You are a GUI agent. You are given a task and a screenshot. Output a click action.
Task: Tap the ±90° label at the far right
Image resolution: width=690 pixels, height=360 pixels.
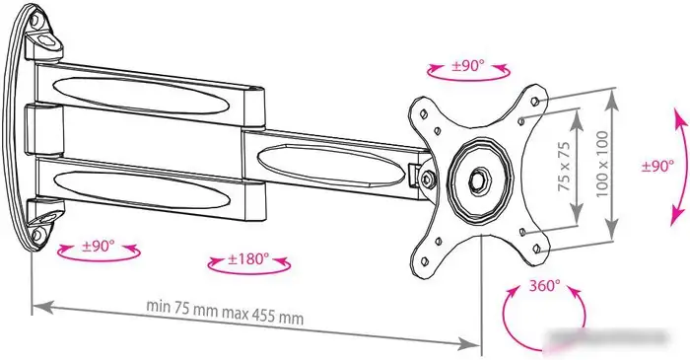[x=657, y=167]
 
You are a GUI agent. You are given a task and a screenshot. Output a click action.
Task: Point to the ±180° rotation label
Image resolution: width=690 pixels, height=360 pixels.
[x=248, y=259]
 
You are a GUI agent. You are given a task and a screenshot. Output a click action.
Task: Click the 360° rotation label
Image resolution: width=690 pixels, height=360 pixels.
[x=543, y=287]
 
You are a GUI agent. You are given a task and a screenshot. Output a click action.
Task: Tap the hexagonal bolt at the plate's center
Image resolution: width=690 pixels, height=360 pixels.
[x=480, y=180]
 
